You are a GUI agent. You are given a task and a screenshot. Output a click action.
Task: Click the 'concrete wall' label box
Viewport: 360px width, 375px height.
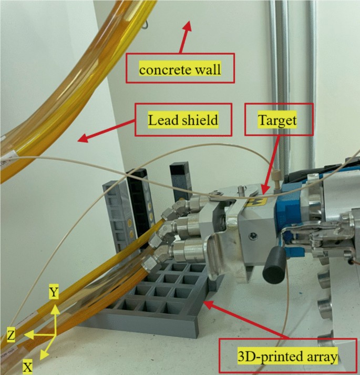(x=179, y=67)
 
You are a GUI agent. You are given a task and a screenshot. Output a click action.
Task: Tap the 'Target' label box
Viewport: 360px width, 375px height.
(x=279, y=120)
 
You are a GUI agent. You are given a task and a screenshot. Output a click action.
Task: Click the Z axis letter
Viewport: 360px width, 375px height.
(x=12, y=333)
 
